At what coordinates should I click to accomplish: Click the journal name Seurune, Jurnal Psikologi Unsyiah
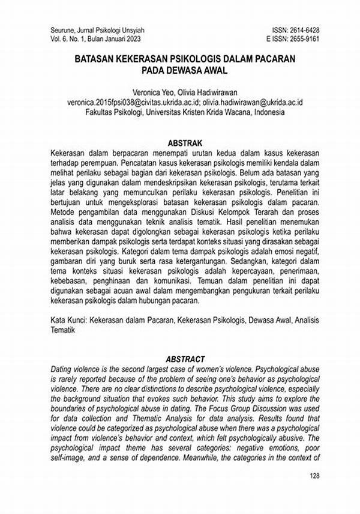click(96, 29)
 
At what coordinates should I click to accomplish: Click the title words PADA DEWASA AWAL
click(180, 70)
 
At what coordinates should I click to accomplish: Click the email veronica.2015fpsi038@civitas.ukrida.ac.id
click(122, 103)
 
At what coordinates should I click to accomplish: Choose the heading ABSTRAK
click(180, 144)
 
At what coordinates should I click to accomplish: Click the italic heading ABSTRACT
click(180, 359)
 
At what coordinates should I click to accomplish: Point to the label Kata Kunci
click(67, 322)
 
